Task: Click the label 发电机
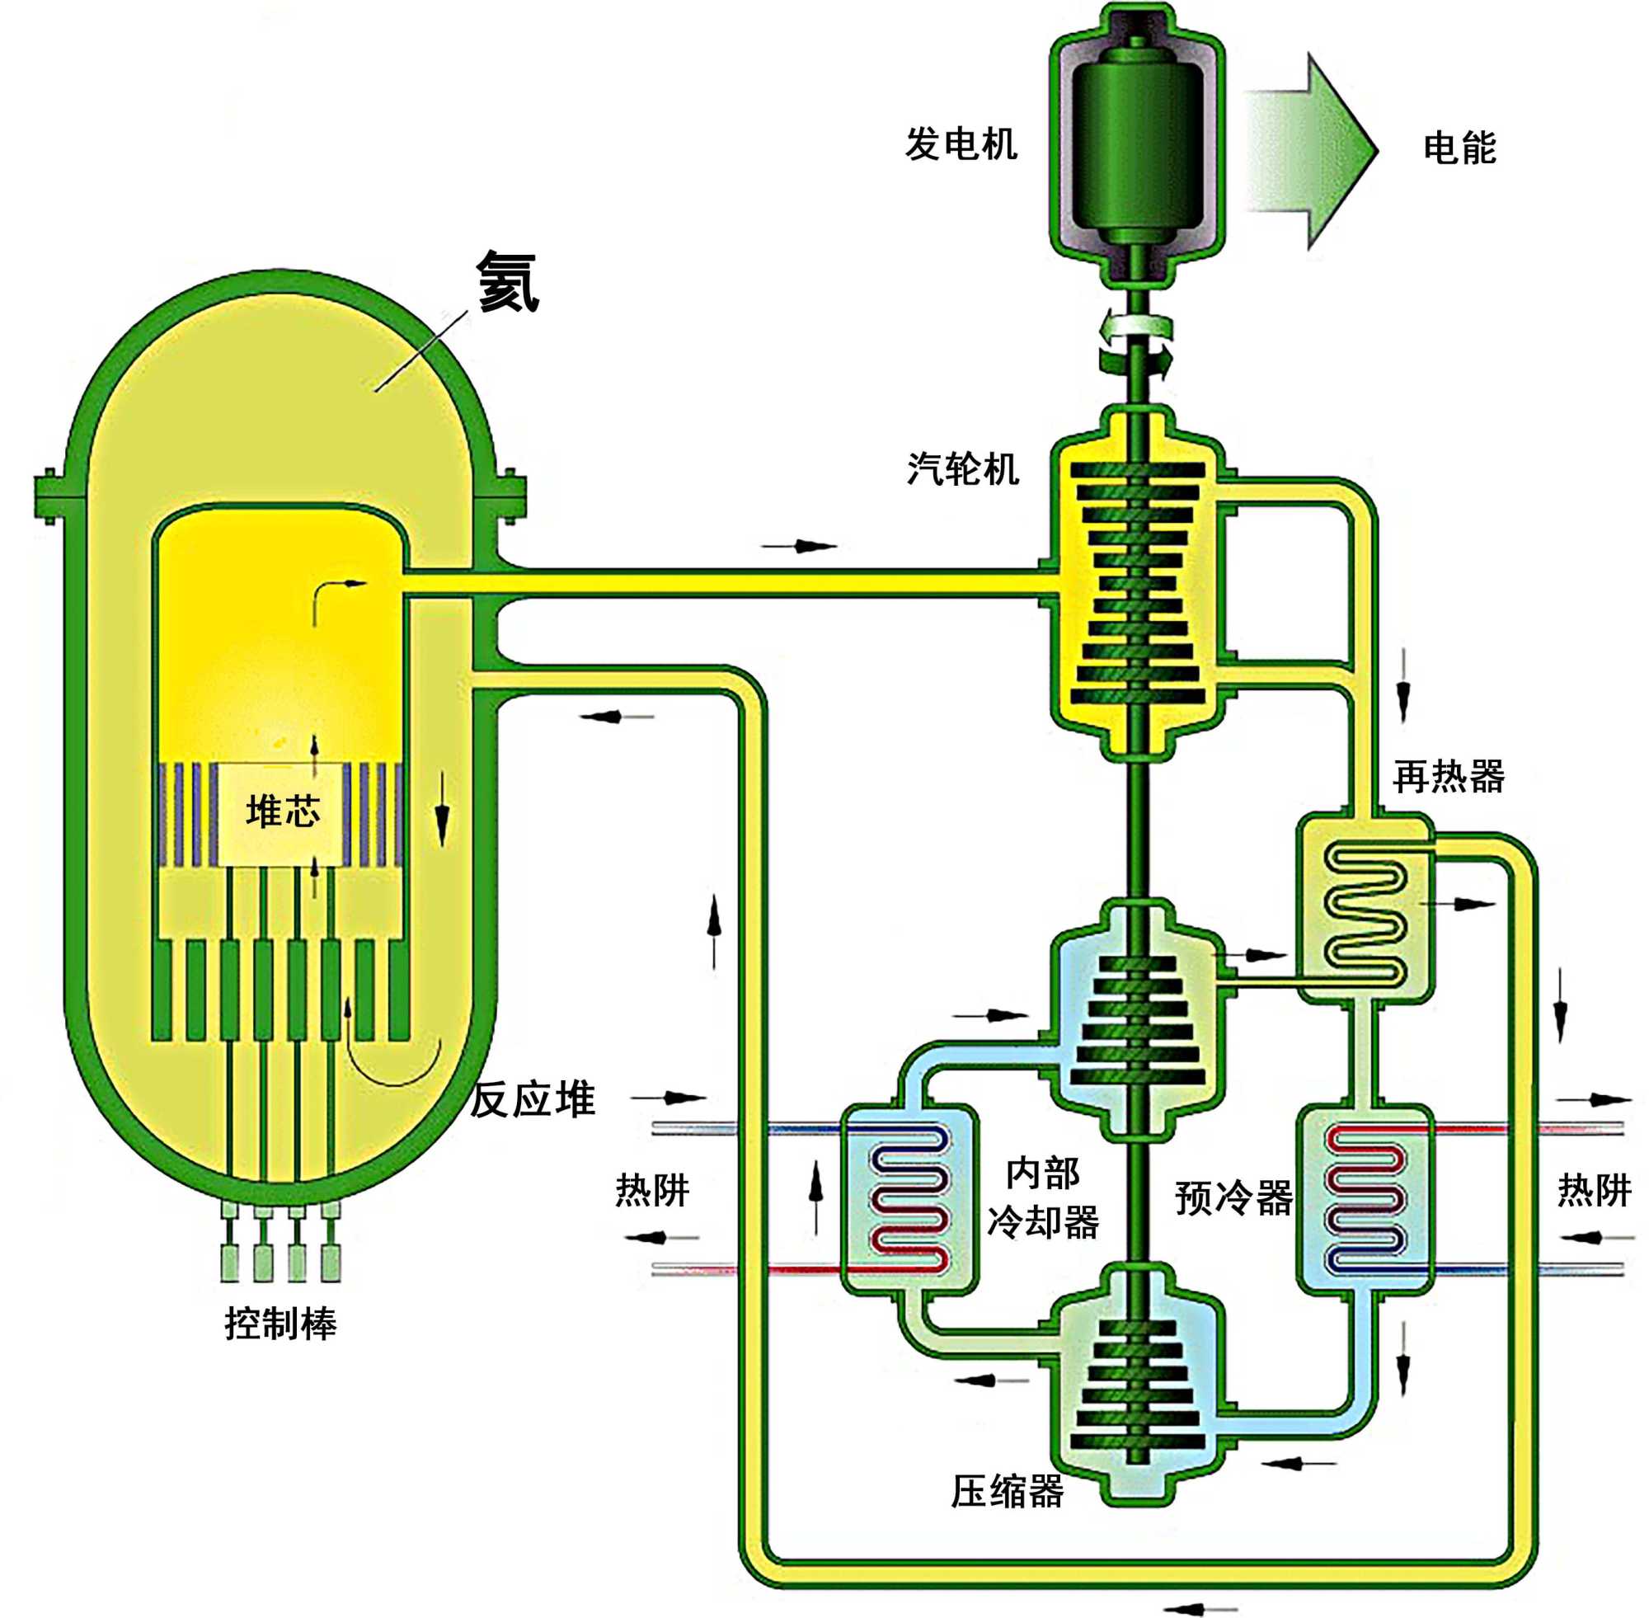960,144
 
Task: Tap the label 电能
1459,148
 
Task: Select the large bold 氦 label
507,283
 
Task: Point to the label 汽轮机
962,469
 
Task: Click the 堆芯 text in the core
283,811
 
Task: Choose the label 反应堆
533,1100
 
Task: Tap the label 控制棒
280,1324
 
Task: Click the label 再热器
1449,777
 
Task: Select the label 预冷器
1233,1198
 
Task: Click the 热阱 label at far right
1594,1191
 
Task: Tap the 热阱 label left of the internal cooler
651,1191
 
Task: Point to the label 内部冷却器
1042,1198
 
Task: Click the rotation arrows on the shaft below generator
1137,344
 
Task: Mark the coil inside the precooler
1365,1198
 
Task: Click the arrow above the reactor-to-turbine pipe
799,547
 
